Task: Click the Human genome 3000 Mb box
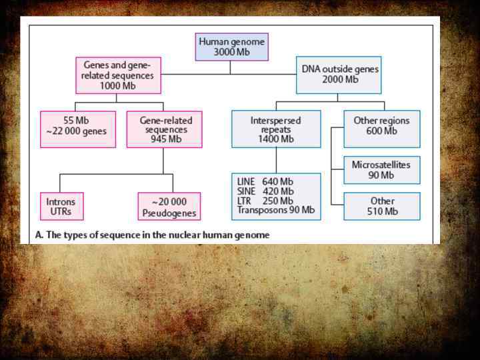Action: (x=232, y=47)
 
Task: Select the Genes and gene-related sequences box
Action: (x=118, y=75)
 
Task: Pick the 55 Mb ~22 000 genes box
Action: (x=77, y=129)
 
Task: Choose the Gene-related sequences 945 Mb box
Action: (x=164, y=129)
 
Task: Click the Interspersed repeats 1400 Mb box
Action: (x=275, y=129)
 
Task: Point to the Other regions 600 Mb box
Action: (x=381, y=129)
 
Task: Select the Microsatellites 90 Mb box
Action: (x=381, y=170)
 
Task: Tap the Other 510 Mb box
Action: (x=381, y=206)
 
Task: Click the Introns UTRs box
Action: (x=61, y=206)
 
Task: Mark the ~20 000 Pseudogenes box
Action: (x=169, y=206)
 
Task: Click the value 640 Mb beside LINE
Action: (x=278, y=181)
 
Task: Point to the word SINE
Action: (x=247, y=191)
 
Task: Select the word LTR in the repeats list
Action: (x=245, y=201)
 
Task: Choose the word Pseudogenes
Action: (x=169, y=213)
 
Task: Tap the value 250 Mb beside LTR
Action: (x=278, y=201)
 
